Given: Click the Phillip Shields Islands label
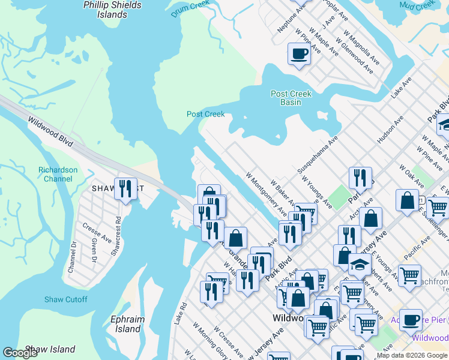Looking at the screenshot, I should [x=112, y=10].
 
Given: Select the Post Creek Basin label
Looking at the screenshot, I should [x=291, y=98].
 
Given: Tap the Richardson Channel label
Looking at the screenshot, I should [x=58, y=174].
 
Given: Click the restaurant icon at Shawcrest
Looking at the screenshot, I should [x=125, y=188].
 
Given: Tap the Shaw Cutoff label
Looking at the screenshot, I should [x=65, y=299].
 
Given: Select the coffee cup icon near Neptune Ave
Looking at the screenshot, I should [x=298, y=53].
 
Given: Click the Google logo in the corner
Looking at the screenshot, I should [x=20, y=353].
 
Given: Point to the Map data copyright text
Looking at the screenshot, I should [x=412, y=355].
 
